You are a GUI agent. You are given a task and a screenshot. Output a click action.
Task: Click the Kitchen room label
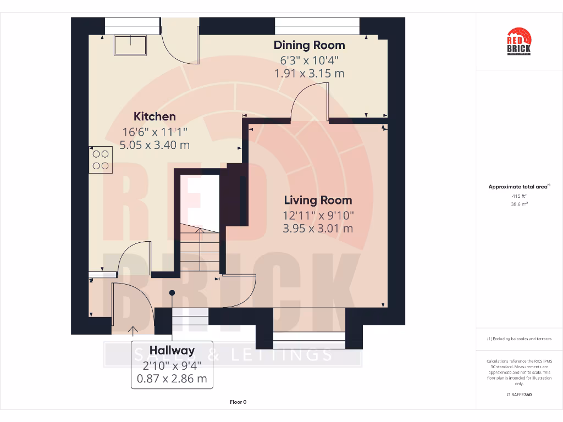[x=154, y=116]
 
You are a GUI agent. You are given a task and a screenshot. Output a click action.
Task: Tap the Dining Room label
[x=309, y=45]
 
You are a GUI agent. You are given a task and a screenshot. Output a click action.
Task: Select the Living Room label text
[x=318, y=200]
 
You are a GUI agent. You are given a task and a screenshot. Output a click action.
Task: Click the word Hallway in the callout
[x=172, y=351]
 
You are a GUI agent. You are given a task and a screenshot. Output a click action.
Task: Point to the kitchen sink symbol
[x=130, y=45]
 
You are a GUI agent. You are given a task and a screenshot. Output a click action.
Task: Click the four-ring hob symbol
[x=101, y=160]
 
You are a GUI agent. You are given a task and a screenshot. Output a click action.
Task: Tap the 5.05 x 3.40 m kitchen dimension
[x=154, y=145]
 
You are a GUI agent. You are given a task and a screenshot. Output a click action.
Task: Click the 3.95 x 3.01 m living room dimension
[x=318, y=229]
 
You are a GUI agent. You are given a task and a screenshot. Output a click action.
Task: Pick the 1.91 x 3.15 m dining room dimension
[x=309, y=74]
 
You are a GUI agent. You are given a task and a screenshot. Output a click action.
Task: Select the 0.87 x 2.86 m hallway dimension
[x=172, y=379]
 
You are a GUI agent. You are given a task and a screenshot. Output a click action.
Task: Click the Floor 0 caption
[x=238, y=402]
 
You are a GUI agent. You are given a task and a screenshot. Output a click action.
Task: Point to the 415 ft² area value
[x=518, y=196]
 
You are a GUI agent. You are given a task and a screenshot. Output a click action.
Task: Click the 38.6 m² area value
[x=518, y=204]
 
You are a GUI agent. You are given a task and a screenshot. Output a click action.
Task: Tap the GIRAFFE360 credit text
[x=518, y=395]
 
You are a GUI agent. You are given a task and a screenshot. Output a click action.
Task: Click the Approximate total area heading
[x=518, y=187]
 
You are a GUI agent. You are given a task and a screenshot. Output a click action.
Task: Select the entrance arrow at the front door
[x=133, y=330]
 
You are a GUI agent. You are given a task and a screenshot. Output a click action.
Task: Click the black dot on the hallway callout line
[x=172, y=293]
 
